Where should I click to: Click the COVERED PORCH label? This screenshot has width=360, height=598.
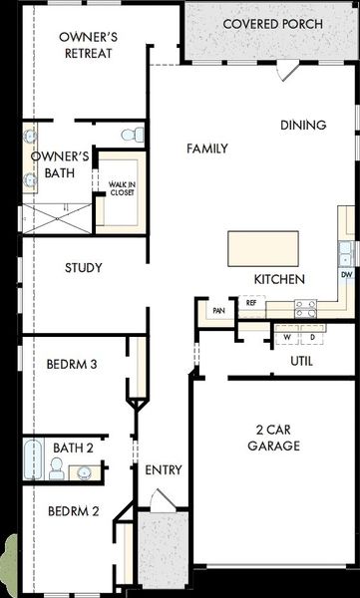coord(272,24)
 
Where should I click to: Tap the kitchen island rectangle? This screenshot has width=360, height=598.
coord(263,248)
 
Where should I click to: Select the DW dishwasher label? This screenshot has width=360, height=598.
coord(346,274)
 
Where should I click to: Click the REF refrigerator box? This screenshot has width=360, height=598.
coord(251,303)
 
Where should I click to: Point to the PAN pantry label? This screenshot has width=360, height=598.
coord(218,311)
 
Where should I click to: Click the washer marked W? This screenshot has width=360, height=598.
coord(287,337)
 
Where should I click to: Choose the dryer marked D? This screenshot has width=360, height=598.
coord(312,337)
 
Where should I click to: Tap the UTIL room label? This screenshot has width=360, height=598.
coord(301,361)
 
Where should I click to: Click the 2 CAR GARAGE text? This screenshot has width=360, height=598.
coord(273,438)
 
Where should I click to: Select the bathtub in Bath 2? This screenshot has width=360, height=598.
coord(33,458)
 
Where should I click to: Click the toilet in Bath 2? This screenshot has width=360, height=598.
coord(56,468)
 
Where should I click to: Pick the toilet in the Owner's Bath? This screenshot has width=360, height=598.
coord(132,135)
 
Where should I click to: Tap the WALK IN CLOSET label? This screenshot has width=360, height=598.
coord(123,188)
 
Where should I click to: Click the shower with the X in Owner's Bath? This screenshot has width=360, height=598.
coord(57,218)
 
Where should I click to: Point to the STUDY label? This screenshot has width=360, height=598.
coord(84,268)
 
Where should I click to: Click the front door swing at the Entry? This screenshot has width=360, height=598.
coord(163,500)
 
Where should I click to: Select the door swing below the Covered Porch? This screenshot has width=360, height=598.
coord(287,71)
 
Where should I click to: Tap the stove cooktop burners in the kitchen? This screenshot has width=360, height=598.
coord(306,309)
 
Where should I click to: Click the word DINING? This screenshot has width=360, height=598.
coord(303,126)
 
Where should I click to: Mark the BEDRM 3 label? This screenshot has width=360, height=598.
coord(72,364)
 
